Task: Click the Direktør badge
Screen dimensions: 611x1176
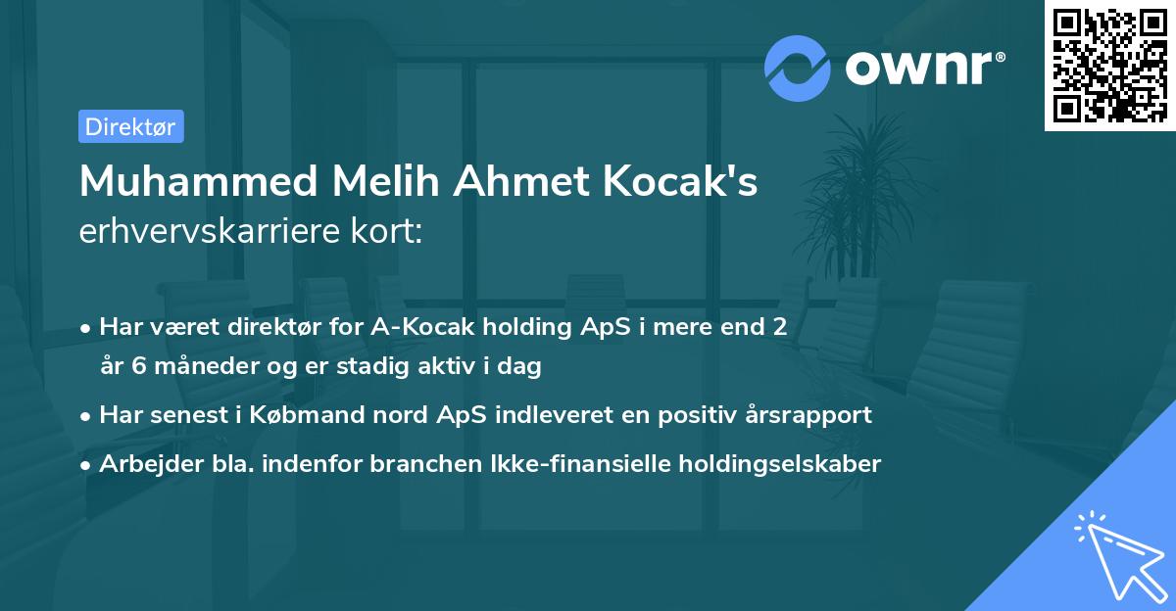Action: (x=130, y=126)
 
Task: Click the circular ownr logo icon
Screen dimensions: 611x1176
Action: (x=798, y=69)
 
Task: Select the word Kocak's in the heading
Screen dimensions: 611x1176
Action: (x=686, y=182)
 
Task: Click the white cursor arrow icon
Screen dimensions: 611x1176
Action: (x=1117, y=554)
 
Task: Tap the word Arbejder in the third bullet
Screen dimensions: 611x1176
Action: (x=145, y=464)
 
